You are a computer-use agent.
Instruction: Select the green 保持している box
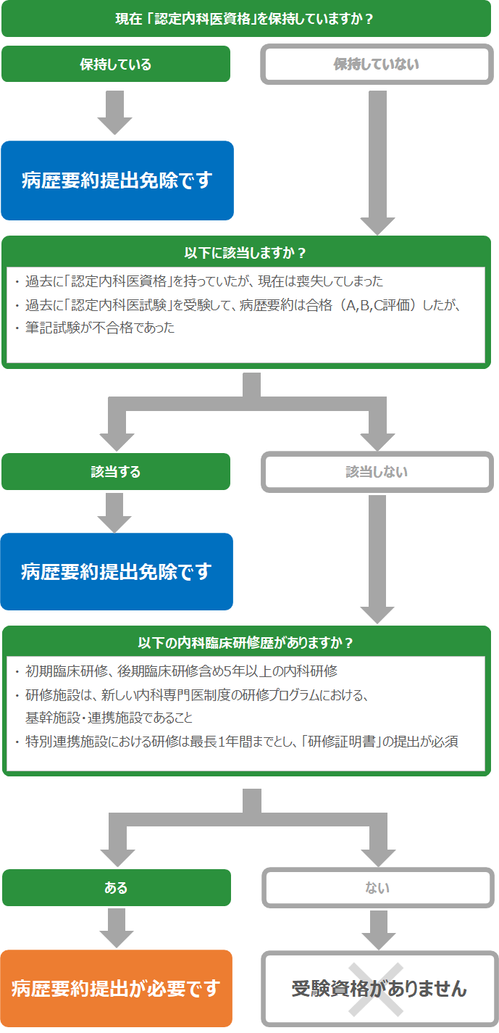pyautogui.click(x=116, y=64)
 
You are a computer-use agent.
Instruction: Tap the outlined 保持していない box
pyautogui.click(x=377, y=64)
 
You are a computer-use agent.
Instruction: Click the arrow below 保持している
pyautogui.click(x=114, y=112)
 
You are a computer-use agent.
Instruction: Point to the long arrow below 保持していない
pyautogui.click(x=377, y=163)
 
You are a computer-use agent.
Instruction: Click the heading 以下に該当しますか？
pyautogui.click(x=245, y=253)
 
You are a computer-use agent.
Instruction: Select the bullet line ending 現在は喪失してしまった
pyautogui.click(x=199, y=281)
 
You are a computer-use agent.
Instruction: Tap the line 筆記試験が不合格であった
pyautogui.click(x=100, y=328)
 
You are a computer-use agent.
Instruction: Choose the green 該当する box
pyautogui.click(x=116, y=472)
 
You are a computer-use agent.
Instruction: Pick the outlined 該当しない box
pyautogui.click(x=377, y=472)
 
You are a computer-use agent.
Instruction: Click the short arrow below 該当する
pyautogui.click(x=114, y=513)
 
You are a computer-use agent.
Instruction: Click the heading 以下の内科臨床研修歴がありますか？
pyautogui.click(x=245, y=642)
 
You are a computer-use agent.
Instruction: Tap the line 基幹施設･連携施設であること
pyautogui.click(x=109, y=718)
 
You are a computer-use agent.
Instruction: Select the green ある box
pyautogui.click(x=116, y=888)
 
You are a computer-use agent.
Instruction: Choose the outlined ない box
pyautogui.click(x=378, y=888)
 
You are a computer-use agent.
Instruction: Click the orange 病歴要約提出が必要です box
pyautogui.click(x=116, y=988)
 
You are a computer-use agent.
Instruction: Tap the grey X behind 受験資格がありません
pyautogui.click(x=376, y=990)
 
